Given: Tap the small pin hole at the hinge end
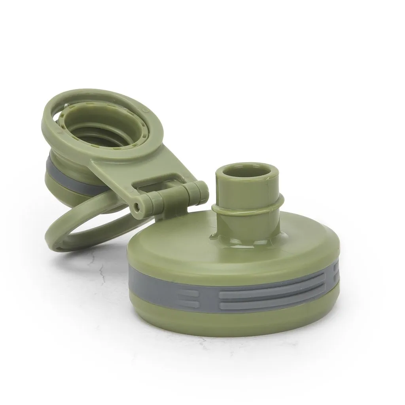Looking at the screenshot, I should [137, 206].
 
